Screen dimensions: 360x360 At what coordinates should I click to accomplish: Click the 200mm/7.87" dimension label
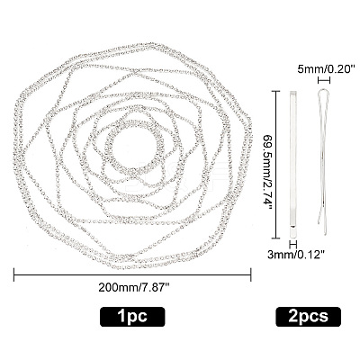click(134, 288)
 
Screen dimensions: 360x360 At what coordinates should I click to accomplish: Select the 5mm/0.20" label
click(324, 69)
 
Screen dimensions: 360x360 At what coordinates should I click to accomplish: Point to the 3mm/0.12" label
click(296, 255)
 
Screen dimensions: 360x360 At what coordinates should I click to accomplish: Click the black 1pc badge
click(132, 317)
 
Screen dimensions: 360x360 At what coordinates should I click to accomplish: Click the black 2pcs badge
click(308, 317)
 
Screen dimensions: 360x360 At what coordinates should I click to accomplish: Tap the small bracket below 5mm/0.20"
click(324, 80)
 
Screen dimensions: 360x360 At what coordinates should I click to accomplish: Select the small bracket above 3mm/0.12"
click(292, 244)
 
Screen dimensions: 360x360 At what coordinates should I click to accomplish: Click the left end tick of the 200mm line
click(14, 274)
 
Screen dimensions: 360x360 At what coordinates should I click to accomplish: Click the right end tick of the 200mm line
click(251, 274)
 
